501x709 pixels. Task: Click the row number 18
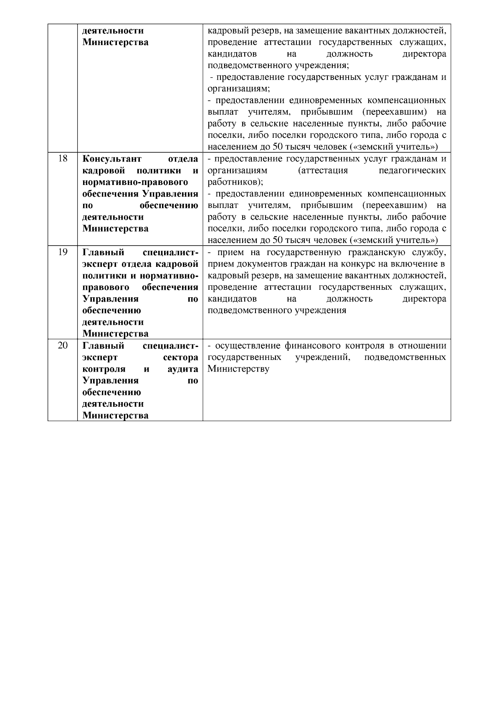62,159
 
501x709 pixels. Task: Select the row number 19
62,253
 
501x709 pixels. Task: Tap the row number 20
62,346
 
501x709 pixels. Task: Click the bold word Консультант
112,159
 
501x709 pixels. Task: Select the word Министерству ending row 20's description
238,370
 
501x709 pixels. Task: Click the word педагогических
412,171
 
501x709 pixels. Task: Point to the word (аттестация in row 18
323,171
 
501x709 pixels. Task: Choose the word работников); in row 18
235,182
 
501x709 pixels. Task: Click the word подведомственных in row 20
405,358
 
